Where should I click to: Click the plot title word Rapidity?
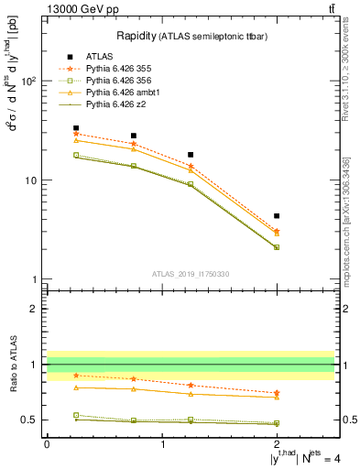[138, 36]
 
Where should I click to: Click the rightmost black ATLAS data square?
[277, 216]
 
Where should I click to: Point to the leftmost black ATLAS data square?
[76, 128]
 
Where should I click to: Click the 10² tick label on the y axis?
[27, 81]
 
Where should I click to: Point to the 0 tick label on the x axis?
[47, 443]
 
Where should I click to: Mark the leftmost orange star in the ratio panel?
[76, 376]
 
